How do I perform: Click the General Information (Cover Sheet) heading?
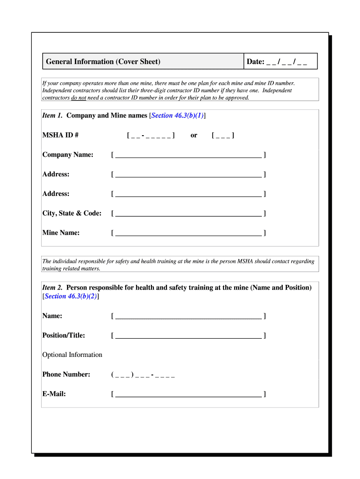103,62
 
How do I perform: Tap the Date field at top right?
277,62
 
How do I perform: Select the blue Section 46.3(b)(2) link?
71,296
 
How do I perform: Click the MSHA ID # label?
60,135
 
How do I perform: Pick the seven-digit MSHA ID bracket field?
151,135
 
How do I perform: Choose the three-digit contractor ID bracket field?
223,135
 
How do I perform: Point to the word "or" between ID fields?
194,135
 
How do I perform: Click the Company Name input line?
188,155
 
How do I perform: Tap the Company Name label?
67,155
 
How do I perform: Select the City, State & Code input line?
188,213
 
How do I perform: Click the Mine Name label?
61,233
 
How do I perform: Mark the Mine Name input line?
188,233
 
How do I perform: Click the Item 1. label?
52,116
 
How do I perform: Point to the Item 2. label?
52,288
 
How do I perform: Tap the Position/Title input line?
188,335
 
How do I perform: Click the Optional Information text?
72,355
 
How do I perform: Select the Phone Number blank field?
143,375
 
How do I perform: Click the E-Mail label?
54,394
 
